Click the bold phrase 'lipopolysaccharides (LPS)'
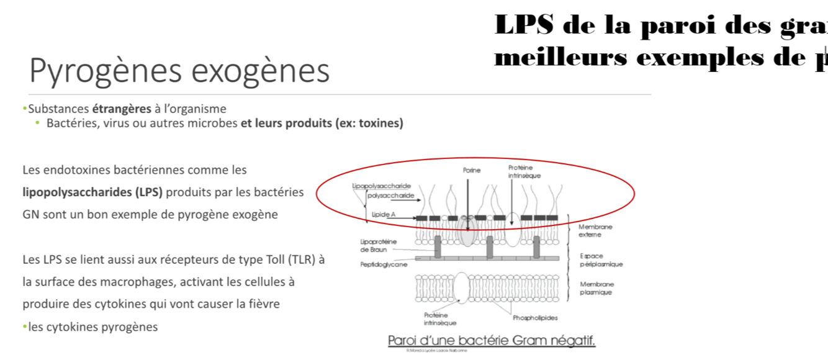[92, 192]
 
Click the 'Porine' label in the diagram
[472, 170]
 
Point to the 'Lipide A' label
[384, 214]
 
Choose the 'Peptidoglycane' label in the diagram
[384, 264]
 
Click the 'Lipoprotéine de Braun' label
[378, 245]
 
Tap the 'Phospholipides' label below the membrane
[535, 318]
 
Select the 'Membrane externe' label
[595, 231]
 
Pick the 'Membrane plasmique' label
[596, 288]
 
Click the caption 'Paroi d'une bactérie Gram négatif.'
[491, 341]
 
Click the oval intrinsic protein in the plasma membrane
[461, 287]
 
